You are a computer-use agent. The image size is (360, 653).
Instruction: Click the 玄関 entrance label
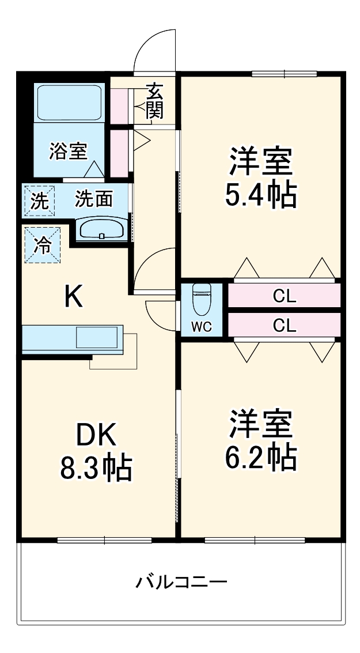(x=154, y=101)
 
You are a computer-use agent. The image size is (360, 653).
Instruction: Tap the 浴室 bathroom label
(x=68, y=151)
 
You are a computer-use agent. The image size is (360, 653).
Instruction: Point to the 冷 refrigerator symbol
(x=41, y=246)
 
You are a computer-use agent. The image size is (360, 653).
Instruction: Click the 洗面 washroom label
(x=94, y=199)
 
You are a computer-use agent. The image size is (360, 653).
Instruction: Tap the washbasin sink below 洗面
(x=101, y=229)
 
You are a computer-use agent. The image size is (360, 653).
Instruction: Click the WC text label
(x=202, y=327)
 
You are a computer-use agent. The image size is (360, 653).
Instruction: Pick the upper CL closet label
(x=284, y=296)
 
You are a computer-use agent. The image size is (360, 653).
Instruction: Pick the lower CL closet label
(x=284, y=326)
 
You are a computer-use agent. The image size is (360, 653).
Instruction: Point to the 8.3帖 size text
(x=96, y=469)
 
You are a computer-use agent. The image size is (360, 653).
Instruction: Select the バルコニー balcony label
(x=181, y=582)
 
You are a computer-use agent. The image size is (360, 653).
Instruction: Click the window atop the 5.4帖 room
(x=285, y=73)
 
